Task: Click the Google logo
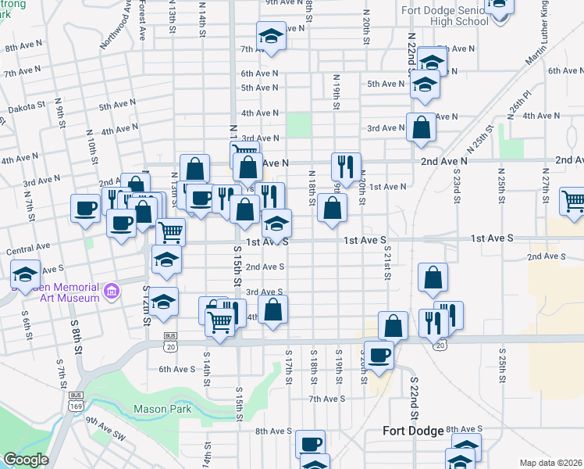(x=26, y=460)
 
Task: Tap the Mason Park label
(x=162, y=408)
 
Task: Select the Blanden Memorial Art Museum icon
(x=112, y=292)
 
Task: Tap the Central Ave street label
(x=23, y=252)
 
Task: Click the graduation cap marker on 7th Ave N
(x=271, y=36)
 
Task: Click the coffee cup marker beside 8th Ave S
(x=310, y=443)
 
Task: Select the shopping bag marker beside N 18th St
(x=333, y=207)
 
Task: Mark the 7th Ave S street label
(x=326, y=399)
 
